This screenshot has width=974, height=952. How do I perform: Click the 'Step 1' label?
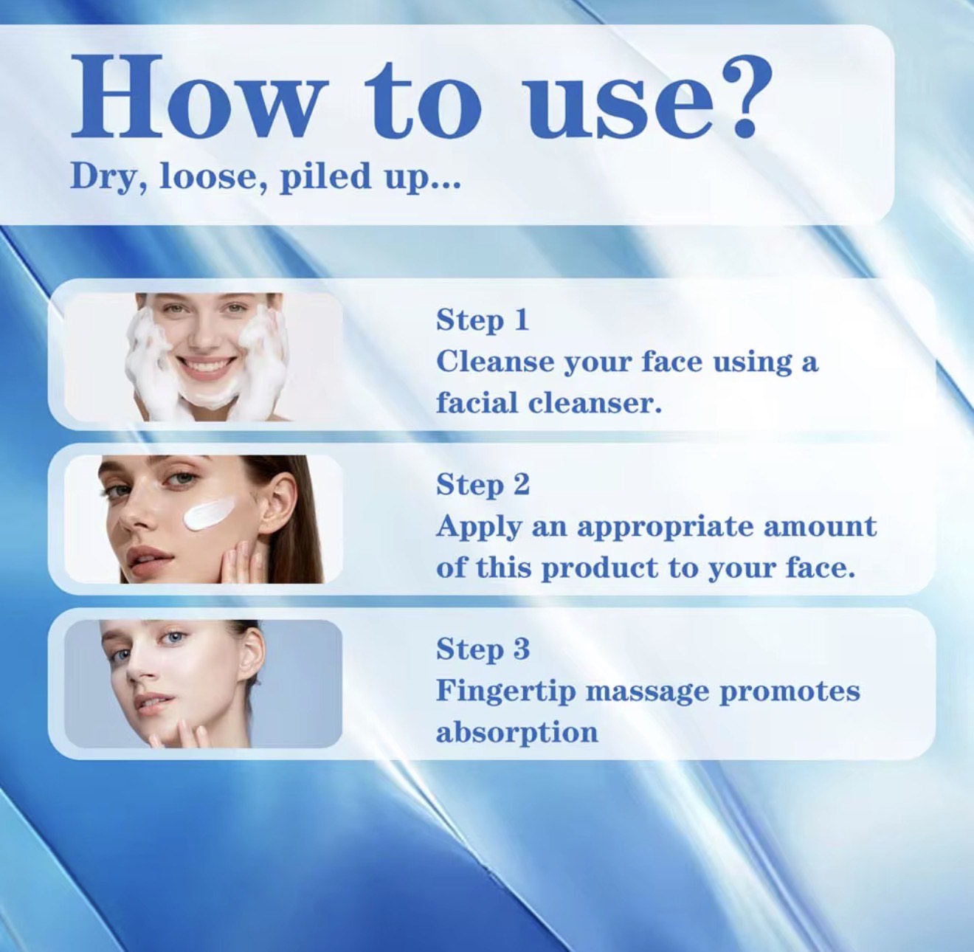coord(483,320)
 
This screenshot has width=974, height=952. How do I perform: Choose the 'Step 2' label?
coord(483,485)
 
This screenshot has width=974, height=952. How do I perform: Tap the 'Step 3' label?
coord(483,649)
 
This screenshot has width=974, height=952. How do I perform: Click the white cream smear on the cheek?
coord(206,515)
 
